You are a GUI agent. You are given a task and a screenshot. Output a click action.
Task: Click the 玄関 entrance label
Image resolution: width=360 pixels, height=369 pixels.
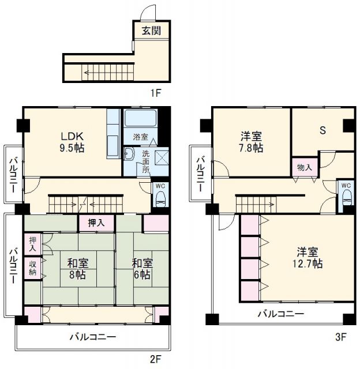point(151,31)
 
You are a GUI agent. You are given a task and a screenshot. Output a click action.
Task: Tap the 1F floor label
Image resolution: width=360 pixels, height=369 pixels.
point(155,93)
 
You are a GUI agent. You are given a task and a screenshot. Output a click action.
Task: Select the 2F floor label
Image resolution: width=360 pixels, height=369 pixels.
point(155,359)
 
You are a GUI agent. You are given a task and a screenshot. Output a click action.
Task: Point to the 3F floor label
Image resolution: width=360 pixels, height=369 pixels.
point(340,337)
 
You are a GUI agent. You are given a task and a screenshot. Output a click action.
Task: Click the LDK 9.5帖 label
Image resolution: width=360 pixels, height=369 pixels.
point(72,142)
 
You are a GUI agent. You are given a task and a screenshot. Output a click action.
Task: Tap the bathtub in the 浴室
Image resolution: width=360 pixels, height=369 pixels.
point(141,118)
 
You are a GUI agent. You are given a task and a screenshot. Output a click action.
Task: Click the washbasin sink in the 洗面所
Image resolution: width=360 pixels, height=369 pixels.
point(129,154)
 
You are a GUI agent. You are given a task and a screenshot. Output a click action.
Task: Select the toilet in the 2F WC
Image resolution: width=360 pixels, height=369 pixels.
point(160,198)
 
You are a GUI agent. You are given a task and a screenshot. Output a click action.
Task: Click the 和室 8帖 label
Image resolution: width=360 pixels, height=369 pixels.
point(78,269)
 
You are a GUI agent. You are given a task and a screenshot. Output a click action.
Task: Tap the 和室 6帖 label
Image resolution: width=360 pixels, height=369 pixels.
point(142,269)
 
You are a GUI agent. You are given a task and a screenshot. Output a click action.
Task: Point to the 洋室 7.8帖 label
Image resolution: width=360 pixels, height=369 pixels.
point(251,142)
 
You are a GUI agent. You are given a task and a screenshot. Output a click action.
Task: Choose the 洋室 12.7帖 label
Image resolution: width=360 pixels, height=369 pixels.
point(307,258)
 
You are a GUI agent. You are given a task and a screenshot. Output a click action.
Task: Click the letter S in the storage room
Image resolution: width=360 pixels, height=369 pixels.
point(323,130)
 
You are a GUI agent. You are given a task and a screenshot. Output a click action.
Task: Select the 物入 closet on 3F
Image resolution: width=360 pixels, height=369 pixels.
point(305,167)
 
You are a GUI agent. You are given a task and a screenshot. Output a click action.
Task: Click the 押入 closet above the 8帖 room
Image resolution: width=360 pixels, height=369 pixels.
point(96,223)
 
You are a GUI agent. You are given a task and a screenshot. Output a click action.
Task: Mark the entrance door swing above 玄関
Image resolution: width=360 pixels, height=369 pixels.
point(148,13)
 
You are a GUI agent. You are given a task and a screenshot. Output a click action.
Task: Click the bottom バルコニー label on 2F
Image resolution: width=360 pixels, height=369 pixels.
point(93,337)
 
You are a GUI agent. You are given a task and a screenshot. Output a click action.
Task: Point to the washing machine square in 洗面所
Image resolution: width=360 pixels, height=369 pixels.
point(162,157)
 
